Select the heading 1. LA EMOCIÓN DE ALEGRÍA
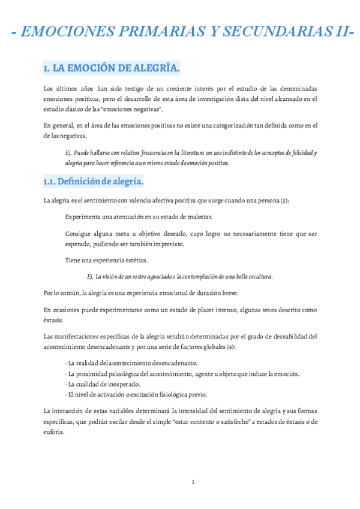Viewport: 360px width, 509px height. pyautogui.click(x=112, y=69)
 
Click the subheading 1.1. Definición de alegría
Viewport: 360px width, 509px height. pyautogui.click(x=93, y=181)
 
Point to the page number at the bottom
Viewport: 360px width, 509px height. pyautogui.click(x=193, y=482)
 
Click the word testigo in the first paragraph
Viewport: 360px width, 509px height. pyautogui.click(x=124, y=89)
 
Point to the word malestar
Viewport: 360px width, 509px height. pyautogui.click(x=197, y=216)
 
